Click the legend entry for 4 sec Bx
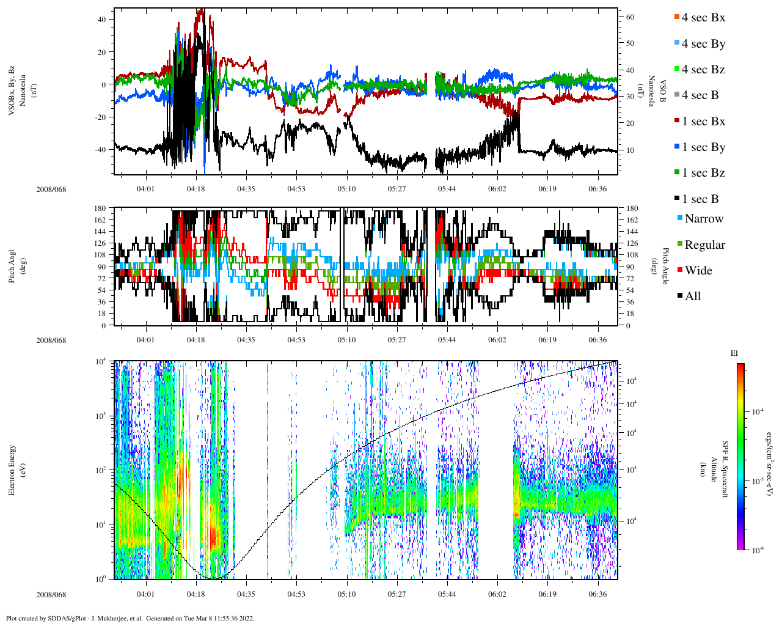point(703,18)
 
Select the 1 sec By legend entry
point(703,147)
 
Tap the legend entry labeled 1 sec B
point(700,199)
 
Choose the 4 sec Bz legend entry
point(703,70)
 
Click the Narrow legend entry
point(703,219)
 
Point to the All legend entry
point(692,296)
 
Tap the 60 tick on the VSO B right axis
point(630,17)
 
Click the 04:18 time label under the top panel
point(195,189)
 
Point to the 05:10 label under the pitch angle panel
point(346,340)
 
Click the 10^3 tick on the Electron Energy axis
point(100,416)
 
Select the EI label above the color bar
point(734,353)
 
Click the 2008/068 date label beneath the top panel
point(51,189)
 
